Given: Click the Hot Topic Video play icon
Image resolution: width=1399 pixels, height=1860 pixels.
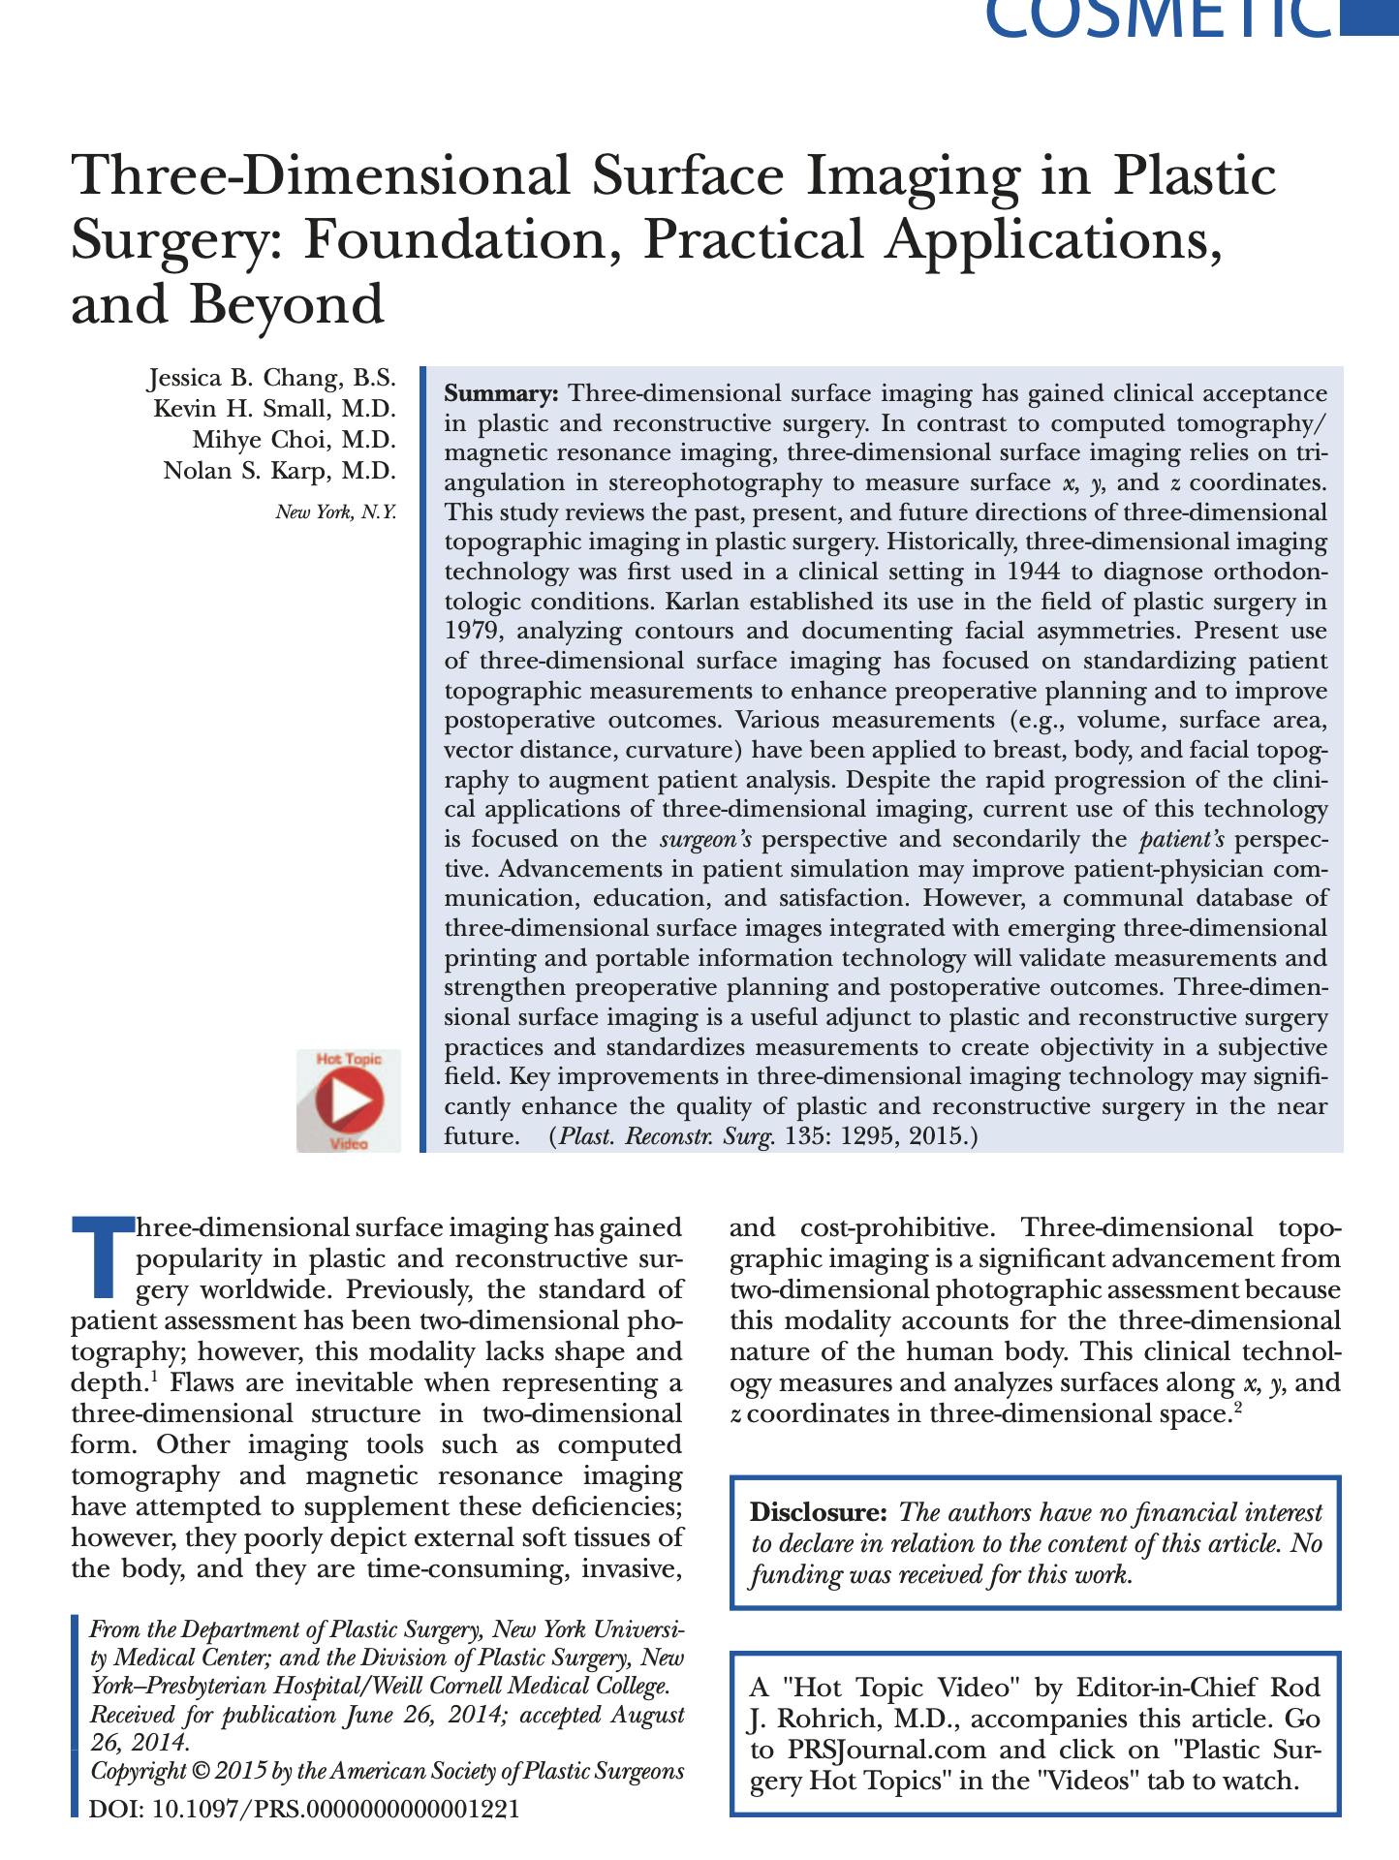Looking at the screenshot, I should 349,1100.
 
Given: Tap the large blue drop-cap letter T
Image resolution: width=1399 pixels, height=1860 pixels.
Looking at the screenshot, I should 102,1255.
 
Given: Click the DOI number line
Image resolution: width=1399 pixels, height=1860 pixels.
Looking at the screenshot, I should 303,1809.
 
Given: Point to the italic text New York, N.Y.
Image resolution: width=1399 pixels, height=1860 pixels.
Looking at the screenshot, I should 336,512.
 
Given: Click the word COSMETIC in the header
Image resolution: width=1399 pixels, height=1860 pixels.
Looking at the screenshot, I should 1158,19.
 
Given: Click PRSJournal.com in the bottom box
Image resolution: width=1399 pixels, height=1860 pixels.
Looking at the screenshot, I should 886,1750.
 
